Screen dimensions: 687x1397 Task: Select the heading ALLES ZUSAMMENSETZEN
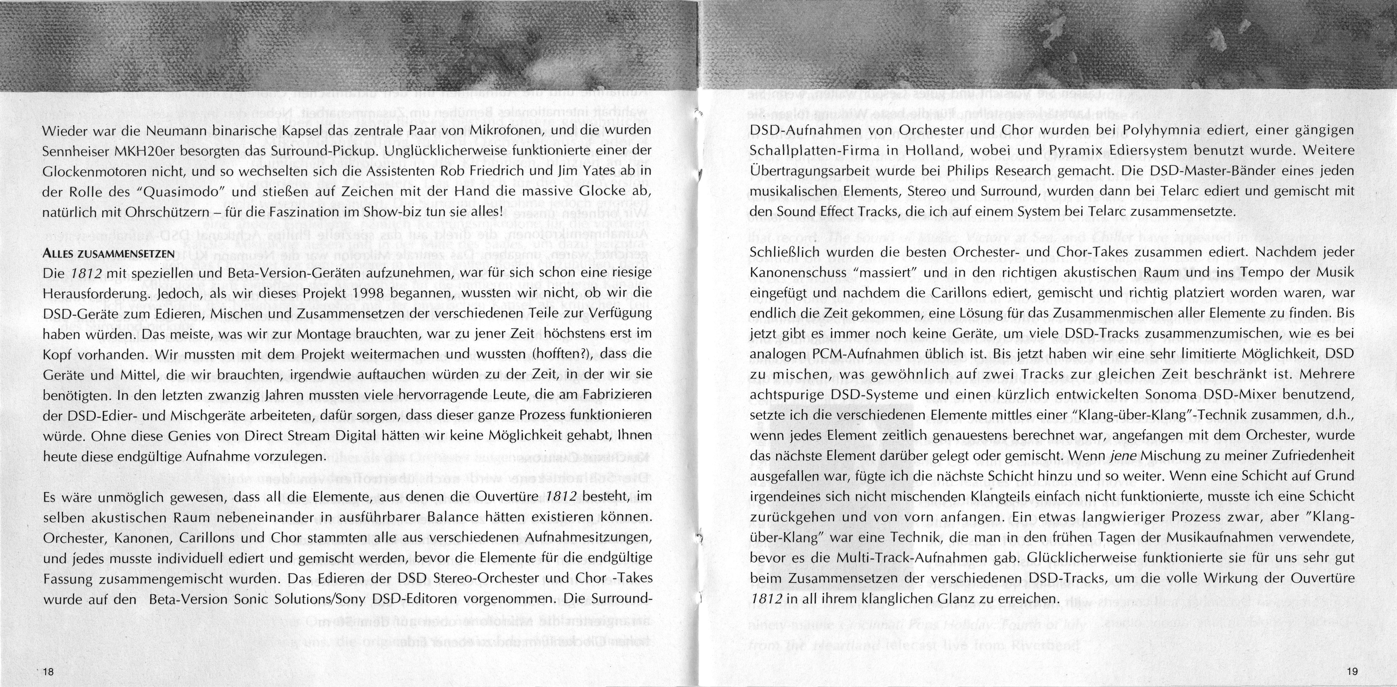(108, 254)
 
